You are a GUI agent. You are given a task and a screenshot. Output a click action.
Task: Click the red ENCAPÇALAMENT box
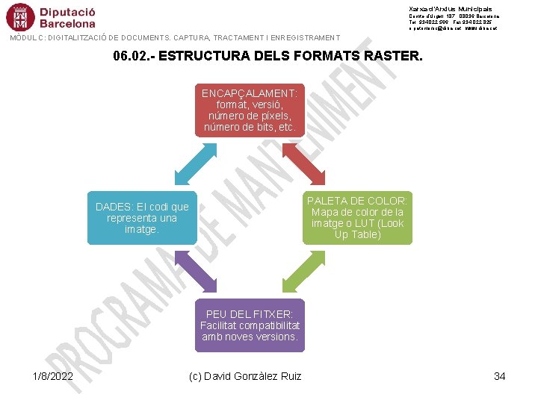(250, 110)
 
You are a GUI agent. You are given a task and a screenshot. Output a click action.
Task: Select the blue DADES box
(142, 218)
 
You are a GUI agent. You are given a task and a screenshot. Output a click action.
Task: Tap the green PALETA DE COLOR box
(357, 218)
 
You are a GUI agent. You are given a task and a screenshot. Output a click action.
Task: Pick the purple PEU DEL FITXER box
(250, 325)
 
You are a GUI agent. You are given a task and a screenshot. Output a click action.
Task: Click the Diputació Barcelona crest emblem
(20, 17)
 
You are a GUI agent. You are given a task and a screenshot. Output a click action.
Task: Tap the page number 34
(500, 376)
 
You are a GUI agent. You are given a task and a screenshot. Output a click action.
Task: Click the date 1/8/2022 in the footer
(53, 376)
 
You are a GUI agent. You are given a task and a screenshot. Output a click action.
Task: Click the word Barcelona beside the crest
(67, 23)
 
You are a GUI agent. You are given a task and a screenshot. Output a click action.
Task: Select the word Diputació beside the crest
(68, 11)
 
